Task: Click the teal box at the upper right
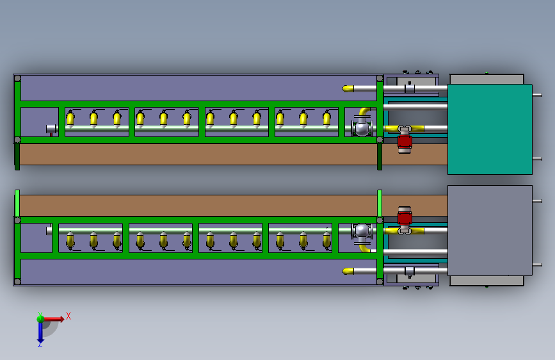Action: tap(490, 129)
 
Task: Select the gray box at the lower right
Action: tap(490, 231)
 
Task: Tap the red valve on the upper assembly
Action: tap(405, 142)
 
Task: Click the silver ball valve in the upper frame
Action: tap(362, 127)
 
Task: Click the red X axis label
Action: tap(68, 316)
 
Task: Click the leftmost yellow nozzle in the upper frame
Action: tap(70, 118)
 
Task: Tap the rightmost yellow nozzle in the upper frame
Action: tap(326, 118)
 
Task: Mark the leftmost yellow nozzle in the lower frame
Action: tap(70, 240)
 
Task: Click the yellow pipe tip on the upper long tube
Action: tap(348, 88)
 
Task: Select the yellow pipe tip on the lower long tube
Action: tap(348, 271)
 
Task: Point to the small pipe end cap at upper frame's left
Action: tap(51, 129)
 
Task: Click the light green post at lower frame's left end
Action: tap(17, 204)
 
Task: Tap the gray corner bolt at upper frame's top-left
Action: tap(17, 78)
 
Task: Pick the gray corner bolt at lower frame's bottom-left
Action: tap(17, 282)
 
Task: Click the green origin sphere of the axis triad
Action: tap(40, 318)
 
